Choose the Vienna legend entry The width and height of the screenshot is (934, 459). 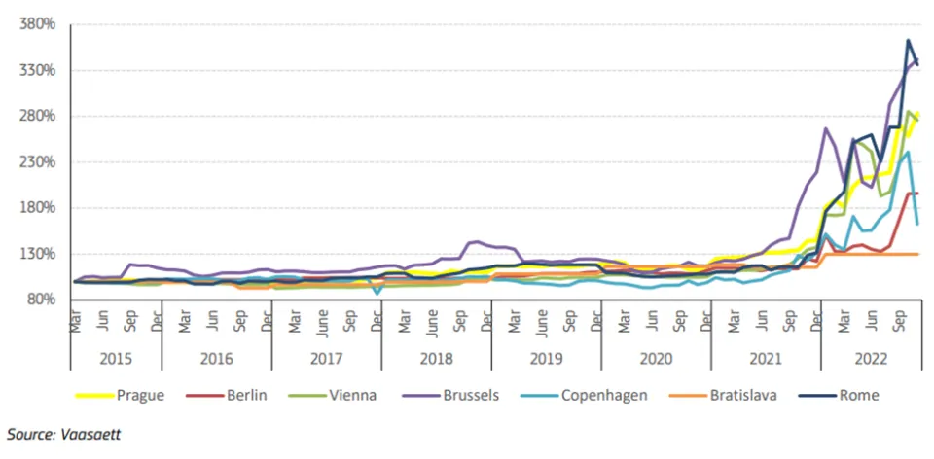353,395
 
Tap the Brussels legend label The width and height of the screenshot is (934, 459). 470,395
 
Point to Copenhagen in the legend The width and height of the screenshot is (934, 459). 604,395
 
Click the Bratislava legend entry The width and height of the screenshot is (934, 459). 744,395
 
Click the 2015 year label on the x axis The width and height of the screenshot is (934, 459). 116,358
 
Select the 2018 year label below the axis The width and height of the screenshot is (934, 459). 436,358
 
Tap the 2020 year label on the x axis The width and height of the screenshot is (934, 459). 656,358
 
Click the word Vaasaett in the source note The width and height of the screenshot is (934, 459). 93,435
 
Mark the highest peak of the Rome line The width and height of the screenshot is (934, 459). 908,41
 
